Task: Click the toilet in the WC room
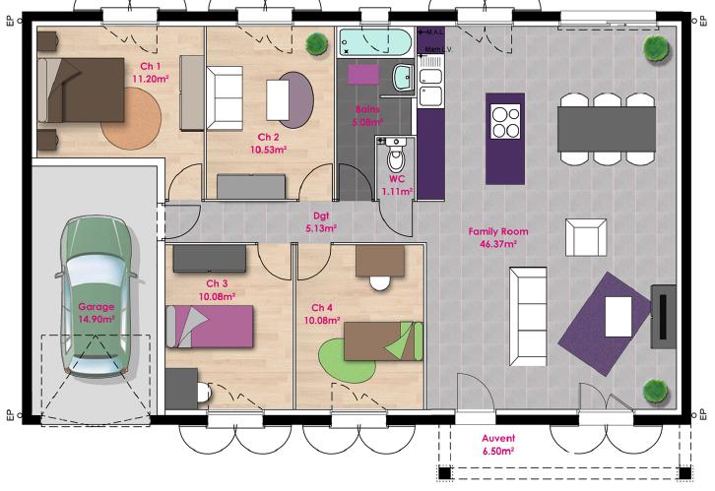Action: coord(396,157)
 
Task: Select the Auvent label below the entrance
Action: coord(498,438)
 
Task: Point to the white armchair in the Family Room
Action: coord(585,237)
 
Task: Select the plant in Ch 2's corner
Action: coord(316,44)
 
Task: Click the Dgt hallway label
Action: coord(321,215)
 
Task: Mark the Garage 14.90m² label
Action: coord(97,312)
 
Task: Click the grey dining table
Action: coord(608,125)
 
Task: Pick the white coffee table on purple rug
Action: coord(618,316)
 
